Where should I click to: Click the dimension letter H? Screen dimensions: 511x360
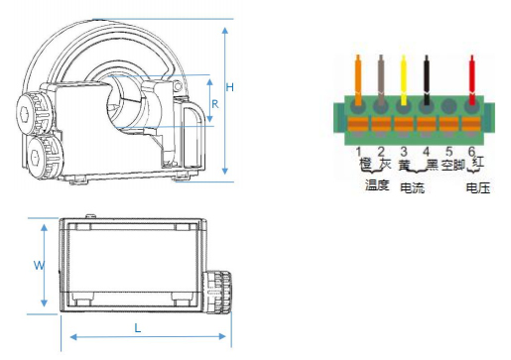click(x=229, y=87)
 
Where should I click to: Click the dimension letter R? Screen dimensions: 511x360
click(x=215, y=104)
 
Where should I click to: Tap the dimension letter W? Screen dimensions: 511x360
click(x=39, y=265)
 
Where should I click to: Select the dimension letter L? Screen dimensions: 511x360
click(x=138, y=328)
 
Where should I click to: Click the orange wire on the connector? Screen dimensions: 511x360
click(x=358, y=79)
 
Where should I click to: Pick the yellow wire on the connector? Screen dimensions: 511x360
click(x=404, y=80)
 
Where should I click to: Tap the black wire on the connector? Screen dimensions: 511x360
click(x=427, y=80)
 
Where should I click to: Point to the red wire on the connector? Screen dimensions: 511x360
click(x=472, y=80)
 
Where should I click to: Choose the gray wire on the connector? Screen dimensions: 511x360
click(x=381, y=80)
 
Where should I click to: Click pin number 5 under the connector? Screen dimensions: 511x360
click(x=448, y=152)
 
